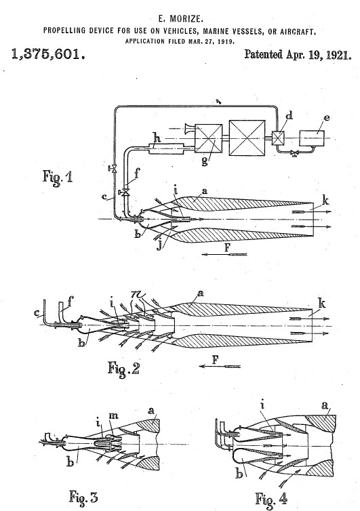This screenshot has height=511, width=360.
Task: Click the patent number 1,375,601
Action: [x=49, y=54]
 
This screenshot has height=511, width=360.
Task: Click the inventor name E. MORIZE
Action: [x=180, y=18]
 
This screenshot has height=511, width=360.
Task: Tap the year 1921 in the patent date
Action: [x=339, y=55]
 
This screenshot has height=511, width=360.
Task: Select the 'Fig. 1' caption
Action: [x=58, y=176]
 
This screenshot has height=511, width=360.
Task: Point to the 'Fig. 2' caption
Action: [x=124, y=369]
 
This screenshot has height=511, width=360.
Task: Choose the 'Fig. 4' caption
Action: [x=272, y=499]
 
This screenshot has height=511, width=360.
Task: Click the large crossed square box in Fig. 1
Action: [x=247, y=138]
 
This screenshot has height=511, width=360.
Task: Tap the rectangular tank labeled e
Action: [x=312, y=138]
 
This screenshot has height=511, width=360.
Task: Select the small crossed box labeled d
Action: [x=278, y=138]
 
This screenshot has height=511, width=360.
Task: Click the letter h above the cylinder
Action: [x=157, y=138]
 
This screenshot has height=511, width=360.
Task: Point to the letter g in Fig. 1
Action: [x=205, y=161]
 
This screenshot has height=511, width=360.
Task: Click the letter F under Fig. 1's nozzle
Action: [x=228, y=247]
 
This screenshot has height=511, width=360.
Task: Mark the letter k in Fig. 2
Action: [x=322, y=304]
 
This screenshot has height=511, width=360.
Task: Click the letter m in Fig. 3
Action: [x=113, y=416]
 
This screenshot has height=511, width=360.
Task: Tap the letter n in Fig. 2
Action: [x=137, y=295]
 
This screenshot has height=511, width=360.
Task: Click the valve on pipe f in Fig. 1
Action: [x=125, y=192]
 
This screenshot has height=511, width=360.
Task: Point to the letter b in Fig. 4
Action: [x=240, y=474]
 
